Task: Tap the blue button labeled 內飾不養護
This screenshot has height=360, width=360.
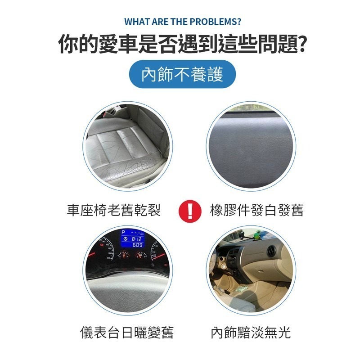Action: tap(182, 74)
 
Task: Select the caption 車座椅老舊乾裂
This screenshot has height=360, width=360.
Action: tap(114, 210)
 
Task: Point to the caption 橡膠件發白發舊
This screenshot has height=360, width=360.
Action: tap(256, 210)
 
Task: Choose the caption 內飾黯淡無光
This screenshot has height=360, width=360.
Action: tap(251, 333)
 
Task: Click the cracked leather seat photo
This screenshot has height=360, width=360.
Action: tap(128, 146)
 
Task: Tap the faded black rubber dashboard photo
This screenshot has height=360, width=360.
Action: tap(251, 146)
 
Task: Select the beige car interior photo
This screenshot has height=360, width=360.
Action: tap(251, 270)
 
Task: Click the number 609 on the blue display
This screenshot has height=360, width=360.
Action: tap(137, 245)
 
